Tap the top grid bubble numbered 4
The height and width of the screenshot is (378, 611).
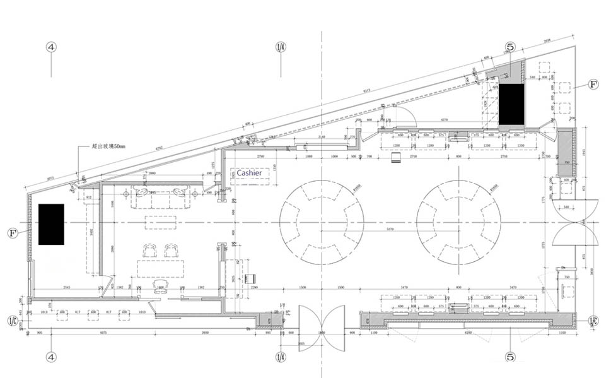tap(51, 47)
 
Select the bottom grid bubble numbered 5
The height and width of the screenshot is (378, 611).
tap(510, 357)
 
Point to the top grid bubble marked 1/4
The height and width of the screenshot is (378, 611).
tap(281, 47)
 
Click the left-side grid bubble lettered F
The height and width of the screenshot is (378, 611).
tap(12, 233)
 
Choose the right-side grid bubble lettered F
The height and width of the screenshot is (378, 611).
tap(593, 84)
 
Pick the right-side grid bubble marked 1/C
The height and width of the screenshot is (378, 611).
tap(593, 320)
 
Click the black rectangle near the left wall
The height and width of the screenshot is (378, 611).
tap(51, 224)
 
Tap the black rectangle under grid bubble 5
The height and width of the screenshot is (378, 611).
tap(511, 104)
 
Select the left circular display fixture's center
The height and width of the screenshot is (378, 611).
tap(322, 223)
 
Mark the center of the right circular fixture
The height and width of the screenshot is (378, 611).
tap(458, 223)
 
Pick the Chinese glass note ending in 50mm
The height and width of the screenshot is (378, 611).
tap(108, 146)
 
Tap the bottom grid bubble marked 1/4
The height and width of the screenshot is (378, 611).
tap(281, 357)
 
